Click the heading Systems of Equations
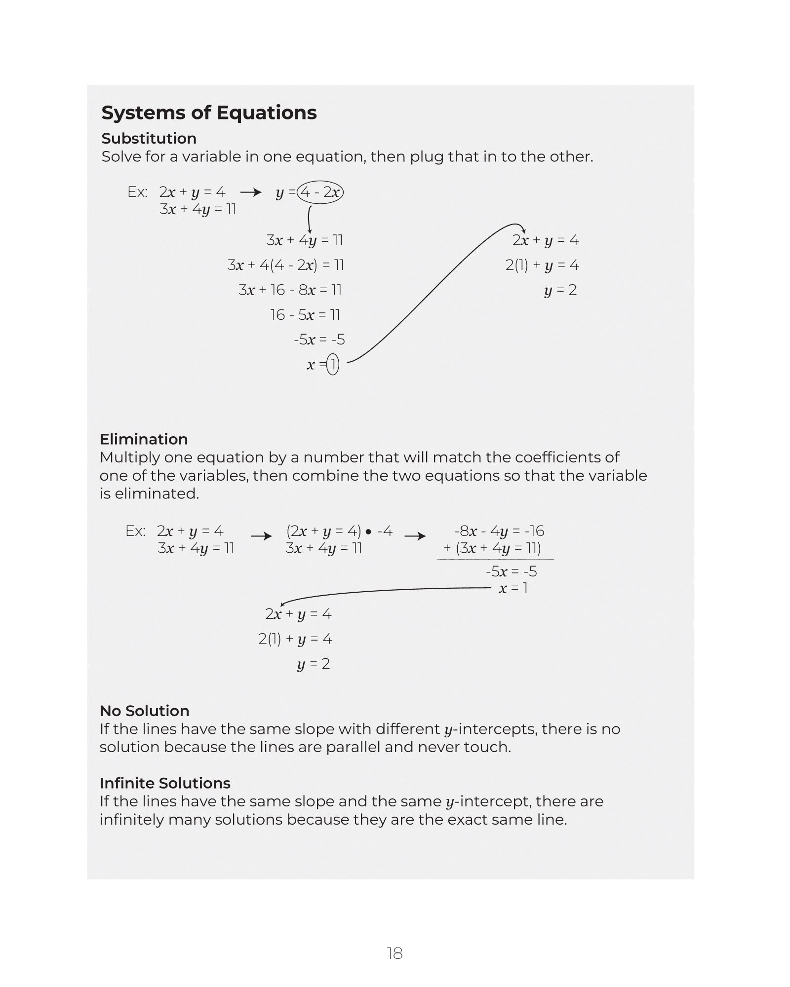(209, 113)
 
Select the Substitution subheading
(149, 138)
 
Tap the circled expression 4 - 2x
(320, 192)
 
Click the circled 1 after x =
(333, 365)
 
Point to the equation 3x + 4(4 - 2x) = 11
(285, 266)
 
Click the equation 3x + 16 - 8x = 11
(290, 290)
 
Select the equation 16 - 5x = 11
(305, 315)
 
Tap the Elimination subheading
(144, 439)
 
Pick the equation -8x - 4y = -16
(499, 531)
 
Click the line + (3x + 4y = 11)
(492, 548)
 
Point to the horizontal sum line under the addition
(495, 560)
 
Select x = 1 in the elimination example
(513, 588)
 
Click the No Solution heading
(144, 711)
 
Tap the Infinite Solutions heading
(165, 783)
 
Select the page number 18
(395, 953)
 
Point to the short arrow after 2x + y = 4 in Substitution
(250, 192)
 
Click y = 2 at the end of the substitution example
(560, 290)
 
